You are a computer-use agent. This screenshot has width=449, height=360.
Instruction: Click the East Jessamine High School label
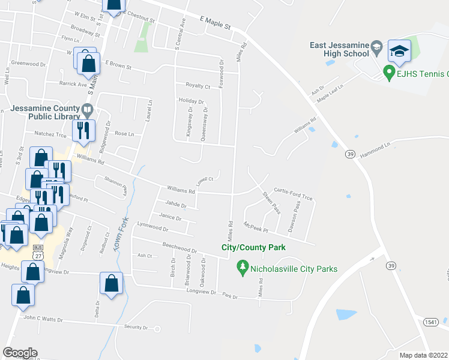coord(339,49)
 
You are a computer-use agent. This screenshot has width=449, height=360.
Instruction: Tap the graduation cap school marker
coord(399,50)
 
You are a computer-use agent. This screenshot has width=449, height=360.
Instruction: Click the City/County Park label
coord(253,247)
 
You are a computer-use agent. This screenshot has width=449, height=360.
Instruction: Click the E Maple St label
coord(215,23)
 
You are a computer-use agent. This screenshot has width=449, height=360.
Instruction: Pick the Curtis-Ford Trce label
coord(294,188)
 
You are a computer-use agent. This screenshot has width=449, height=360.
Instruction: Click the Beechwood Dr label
coord(179,247)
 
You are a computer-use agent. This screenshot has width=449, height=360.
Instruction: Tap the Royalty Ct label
coord(197,86)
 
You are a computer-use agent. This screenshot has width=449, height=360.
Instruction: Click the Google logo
coord(20,353)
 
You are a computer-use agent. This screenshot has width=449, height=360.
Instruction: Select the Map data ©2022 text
coord(424,355)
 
